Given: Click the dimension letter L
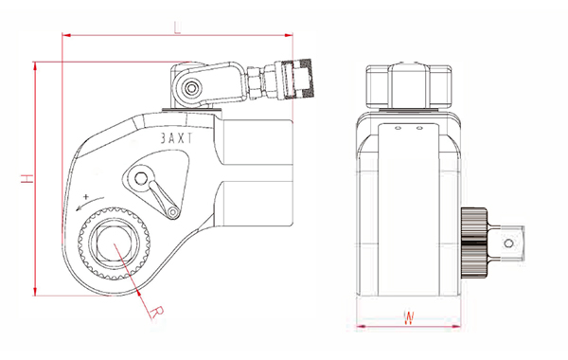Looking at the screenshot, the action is click(x=177, y=27).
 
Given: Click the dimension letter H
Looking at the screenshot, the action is click(x=27, y=178).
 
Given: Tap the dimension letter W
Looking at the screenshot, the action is click(x=409, y=318).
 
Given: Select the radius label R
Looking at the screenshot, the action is click(x=157, y=313).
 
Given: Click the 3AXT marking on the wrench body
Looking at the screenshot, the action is click(x=177, y=138).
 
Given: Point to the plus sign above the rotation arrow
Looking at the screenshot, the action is click(x=85, y=197).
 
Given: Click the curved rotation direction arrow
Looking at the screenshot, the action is click(x=90, y=204).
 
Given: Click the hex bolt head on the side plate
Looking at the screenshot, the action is click(x=140, y=178).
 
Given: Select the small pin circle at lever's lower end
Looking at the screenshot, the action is click(x=173, y=211).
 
